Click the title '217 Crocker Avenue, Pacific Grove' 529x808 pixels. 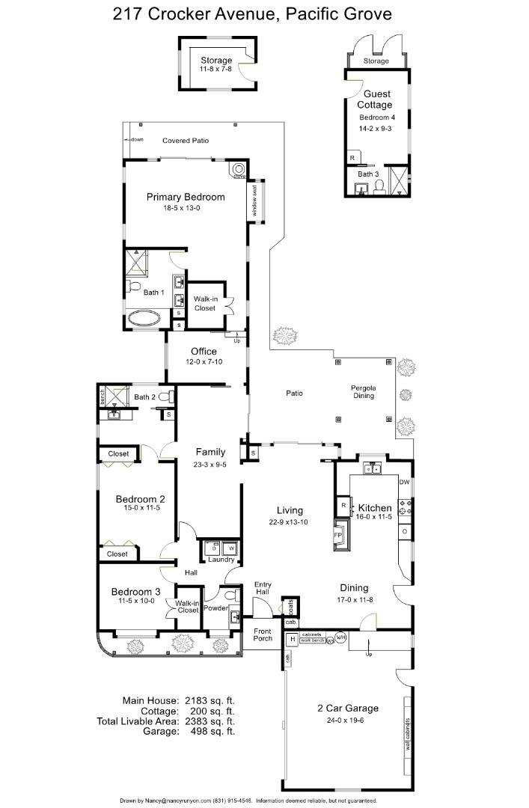click(x=252, y=13)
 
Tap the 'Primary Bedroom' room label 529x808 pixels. click(x=185, y=197)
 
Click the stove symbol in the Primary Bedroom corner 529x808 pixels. click(x=239, y=171)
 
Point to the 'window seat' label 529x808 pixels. click(x=254, y=201)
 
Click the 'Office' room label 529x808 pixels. click(x=204, y=351)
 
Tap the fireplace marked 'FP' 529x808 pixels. click(x=338, y=536)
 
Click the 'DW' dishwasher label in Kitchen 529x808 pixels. click(x=404, y=482)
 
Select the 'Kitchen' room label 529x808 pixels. click(x=375, y=507)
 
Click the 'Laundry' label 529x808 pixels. click(x=221, y=560)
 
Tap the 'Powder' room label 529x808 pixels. click(x=216, y=607)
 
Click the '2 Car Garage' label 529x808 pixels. click(x=347, y=708)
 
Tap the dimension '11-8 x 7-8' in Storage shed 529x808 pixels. click(x=215, y=69)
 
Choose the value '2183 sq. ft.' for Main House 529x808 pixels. click(x=210, y=700)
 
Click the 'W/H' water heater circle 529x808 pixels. click(x=340, y=637)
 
